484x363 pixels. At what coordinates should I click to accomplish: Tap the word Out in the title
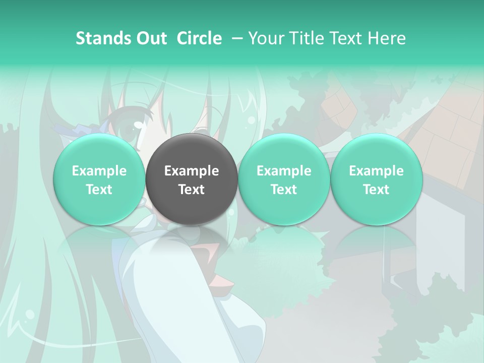click(150, 38)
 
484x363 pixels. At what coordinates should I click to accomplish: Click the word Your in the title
click(266, 38)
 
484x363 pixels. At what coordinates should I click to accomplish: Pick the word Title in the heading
click(304, 38)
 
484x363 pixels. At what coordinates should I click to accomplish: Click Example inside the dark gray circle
click(192, 171)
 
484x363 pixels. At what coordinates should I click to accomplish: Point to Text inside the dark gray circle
click(192, 190)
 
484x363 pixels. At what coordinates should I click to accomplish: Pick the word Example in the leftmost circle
click(99, 171)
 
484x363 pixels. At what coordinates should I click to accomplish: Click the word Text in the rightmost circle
click(376, 190)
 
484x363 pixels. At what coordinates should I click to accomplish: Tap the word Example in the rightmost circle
click(376, 171)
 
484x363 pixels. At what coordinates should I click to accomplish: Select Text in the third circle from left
click(284, 190)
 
